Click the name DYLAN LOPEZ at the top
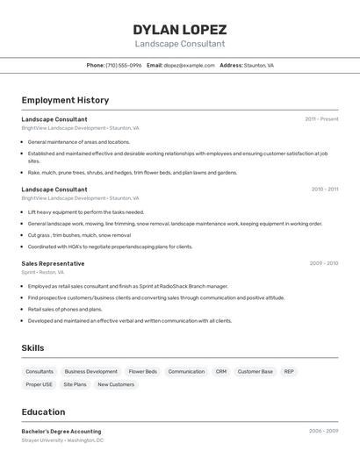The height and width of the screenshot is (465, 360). tap(179, 29)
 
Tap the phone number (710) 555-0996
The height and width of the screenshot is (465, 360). tap(124, 66)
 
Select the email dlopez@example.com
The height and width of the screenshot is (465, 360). tap(189, 66)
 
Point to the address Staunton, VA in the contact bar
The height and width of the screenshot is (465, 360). tap(259, 66)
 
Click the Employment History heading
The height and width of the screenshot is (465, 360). tap(65, 100)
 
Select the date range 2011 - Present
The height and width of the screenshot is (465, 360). tap(321, 119)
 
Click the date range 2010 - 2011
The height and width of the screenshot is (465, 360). tap(324, 190)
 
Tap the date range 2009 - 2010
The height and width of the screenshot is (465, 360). tap(323, 263)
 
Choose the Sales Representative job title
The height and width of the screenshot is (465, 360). tap(53, 263)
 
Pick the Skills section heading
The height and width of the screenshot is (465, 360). tap(32, 348)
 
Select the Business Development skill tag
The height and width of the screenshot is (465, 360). tap(90, 371)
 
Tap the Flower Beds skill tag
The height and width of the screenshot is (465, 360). tap(142, 371)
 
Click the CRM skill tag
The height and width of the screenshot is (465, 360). tap(220, 371)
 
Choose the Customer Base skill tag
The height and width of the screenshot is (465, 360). tap(255, 371)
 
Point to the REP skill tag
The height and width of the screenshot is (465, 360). tap(289, 371)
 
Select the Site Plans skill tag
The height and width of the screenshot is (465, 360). tap(75, 384)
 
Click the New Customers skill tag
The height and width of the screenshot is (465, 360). tap(116, 384)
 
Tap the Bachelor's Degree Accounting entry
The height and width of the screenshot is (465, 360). tap(61, 432)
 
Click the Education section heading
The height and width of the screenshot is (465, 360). tap(43, 412)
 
